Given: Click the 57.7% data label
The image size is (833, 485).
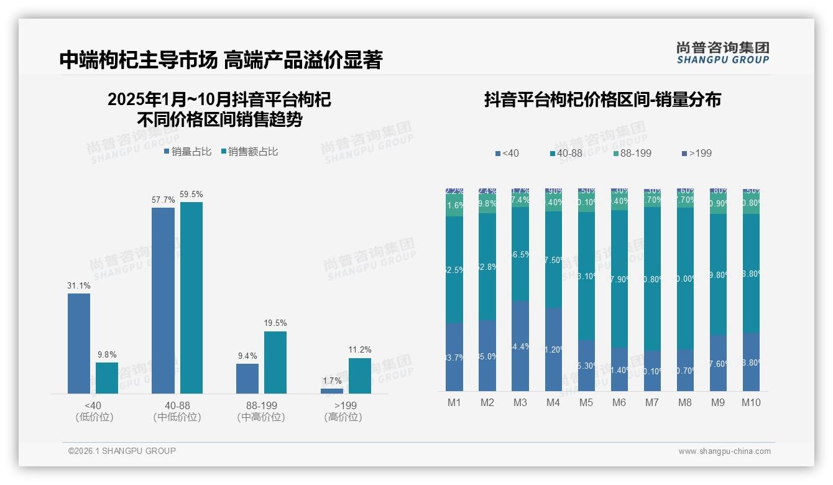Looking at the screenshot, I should point(163,200).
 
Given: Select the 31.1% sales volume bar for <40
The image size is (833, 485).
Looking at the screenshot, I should point(79,343).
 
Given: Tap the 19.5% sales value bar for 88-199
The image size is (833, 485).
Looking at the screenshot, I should point(275,362).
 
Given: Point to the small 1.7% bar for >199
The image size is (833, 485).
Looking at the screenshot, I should point(332,390).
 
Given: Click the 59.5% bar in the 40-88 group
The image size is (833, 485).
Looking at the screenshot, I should point(191,297).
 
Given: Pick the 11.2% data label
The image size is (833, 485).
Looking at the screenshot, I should point(360,350).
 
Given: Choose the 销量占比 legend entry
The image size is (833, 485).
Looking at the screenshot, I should point(188,152).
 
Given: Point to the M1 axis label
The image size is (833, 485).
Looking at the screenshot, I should point(454,402).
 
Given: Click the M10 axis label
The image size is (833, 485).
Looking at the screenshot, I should point(751,402).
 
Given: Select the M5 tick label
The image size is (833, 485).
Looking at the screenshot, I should point(586,402).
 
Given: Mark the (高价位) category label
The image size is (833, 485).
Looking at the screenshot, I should point(343,417).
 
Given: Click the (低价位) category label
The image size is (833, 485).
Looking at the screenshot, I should point(94,417).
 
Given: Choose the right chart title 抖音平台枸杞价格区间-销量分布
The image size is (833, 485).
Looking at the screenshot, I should point(602,99).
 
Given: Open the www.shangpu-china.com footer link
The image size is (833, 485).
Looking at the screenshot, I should point(724,451).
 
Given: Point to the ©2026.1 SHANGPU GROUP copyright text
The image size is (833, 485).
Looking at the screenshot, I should point(122,451).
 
